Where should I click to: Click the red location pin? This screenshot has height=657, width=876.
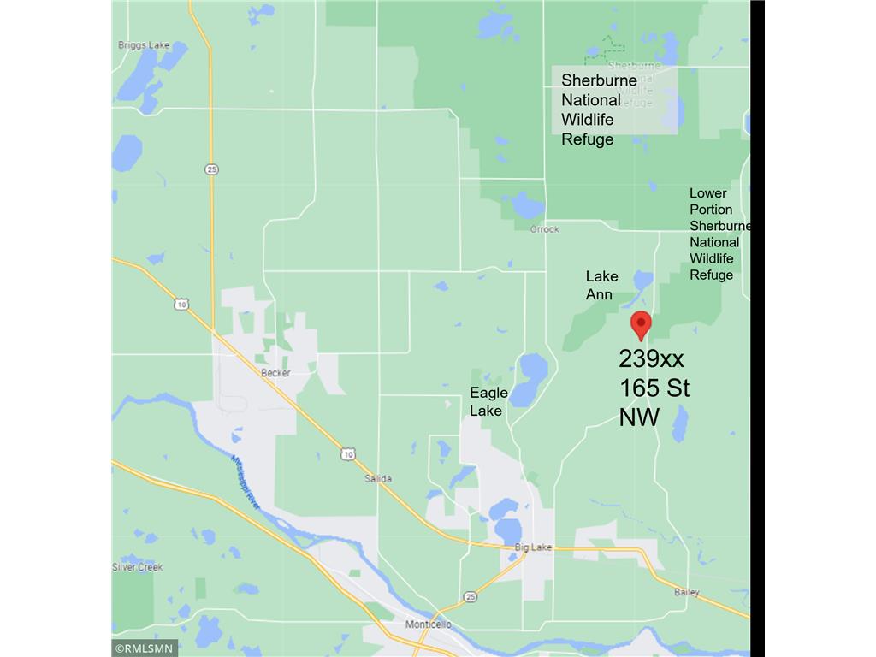pos(641,324)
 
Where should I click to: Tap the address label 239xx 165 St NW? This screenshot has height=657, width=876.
pos(654,388)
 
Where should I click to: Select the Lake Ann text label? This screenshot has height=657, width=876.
pos(601,285)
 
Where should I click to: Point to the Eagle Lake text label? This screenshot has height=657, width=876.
pos(488,401)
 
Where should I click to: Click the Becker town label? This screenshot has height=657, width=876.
pos(276,373)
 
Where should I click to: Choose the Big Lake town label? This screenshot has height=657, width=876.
pos(533,547)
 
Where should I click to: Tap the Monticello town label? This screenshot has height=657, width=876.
pos(428,624)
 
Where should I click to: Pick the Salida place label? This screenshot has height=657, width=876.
pos(377,478)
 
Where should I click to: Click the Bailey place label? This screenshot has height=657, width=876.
pos(686,592)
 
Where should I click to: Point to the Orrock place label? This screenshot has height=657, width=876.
pos(544,229)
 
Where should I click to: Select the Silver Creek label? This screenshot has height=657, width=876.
pos(138,567)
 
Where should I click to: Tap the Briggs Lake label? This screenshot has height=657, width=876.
pos(145,45)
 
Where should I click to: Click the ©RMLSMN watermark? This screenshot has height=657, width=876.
pos(145,648)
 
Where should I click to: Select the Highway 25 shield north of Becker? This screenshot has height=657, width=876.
pos(211,169)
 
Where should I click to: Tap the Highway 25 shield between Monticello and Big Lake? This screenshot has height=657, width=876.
pos(470,595)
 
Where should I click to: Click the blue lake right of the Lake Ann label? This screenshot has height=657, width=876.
pos(642,281)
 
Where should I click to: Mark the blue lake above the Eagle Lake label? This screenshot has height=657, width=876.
pos(533,368)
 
